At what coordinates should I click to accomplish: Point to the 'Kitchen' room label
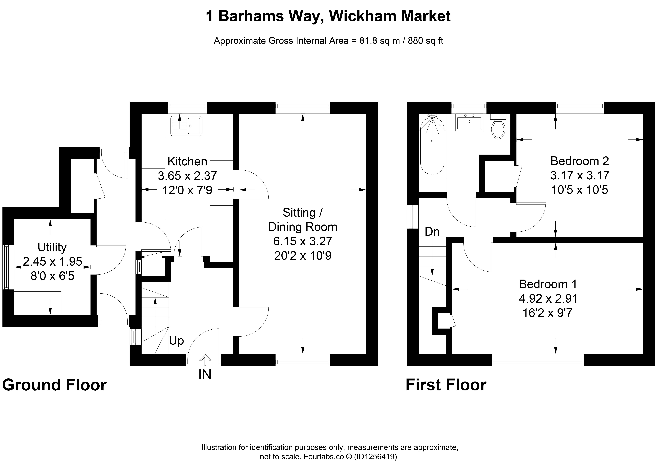point(187,161)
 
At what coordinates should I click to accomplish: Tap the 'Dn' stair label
point(432,231)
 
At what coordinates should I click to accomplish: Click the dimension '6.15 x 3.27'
point(303,241)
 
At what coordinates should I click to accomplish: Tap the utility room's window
point(8,267)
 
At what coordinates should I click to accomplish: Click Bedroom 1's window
point(538,360)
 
